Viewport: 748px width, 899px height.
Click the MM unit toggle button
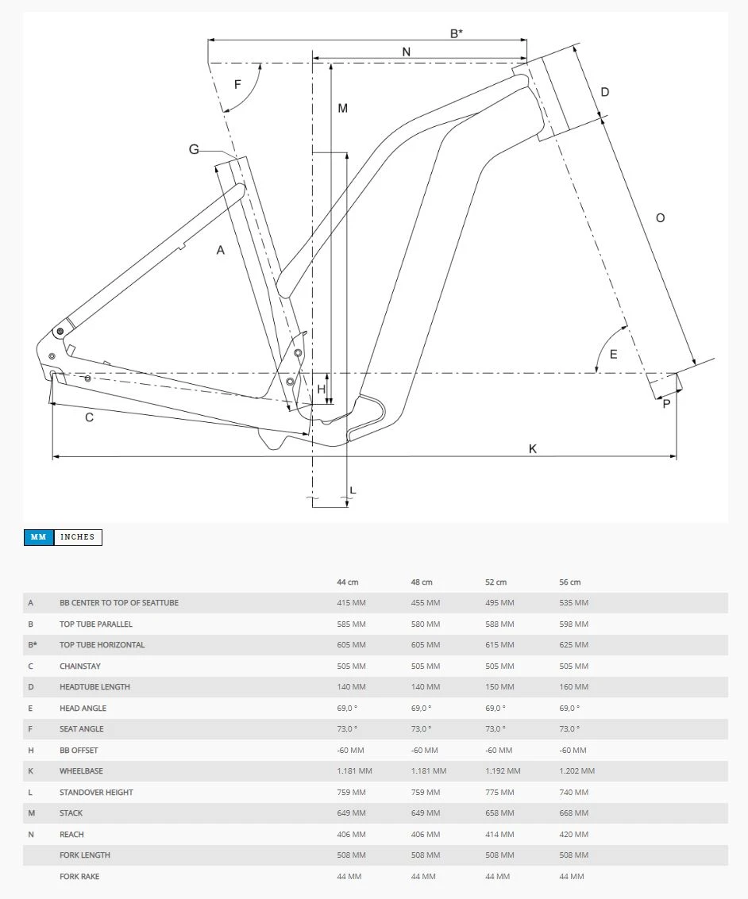pyautogui.click(x=39, y=537)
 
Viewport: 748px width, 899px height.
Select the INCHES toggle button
pyautogui.click(x=78, y=537)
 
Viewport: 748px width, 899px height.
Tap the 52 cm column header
pyautogui.click(x=495, y=582)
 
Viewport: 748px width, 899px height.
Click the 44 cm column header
pyautogui.click(x=347, y=582)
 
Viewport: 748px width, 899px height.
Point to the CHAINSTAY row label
pyautogui.click(x=80, y=667)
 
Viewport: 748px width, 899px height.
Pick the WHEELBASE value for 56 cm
pyautogui.click(x=576, y=771)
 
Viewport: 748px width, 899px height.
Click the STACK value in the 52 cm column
pyautogui.click(x=499, y=813)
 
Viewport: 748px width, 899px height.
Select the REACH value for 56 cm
pyautogui.click(x=573, y=835)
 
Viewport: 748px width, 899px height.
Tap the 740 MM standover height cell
pyautogui.click(x=573, y=793)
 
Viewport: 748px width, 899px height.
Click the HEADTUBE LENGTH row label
pyautogui.click(x=94, y=687)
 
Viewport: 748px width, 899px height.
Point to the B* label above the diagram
pyautogui.click(x=457, y=33)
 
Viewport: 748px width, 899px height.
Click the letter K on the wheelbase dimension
pyautogui.click(x=533, y=449)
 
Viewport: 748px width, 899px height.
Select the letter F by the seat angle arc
pyautogui.click(x=237, y=85)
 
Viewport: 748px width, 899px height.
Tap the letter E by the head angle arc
pyautogui.click(x=613, y=355)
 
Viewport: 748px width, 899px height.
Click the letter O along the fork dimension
pyautogui.click(x=660, y=218)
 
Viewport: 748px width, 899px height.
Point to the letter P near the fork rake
pyautogui.click(x=666, y=404)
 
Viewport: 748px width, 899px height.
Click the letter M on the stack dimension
pyautogui.click(x=343, y=108)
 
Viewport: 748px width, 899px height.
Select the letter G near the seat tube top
pyautogui.click(x=194, y=149)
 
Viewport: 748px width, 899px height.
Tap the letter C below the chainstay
pyautogui.click(x=89, y=417)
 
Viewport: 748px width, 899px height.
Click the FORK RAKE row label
pyautogui.click(x=79, y=877)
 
